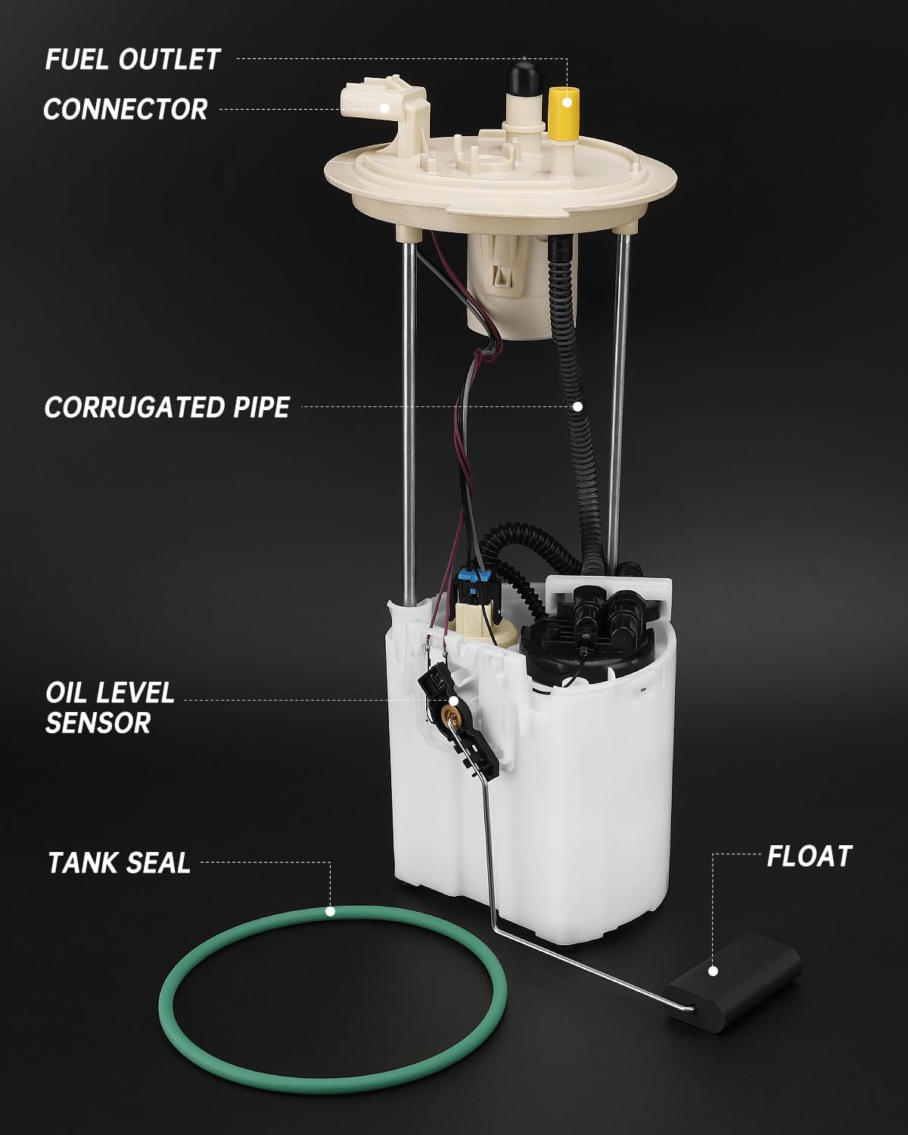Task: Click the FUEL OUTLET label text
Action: tap(132, 59)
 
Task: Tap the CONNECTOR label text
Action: tap(126, 109)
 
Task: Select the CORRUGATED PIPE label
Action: tap(167, 407)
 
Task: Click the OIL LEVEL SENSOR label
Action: tap(109, 707)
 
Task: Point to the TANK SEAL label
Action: tap(119, 863)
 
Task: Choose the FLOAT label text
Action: tap(809, 856)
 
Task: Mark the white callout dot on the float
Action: tap(712, 971)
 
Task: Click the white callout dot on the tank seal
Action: tap(330, 911)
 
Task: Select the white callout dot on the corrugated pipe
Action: tap(577, 406)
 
